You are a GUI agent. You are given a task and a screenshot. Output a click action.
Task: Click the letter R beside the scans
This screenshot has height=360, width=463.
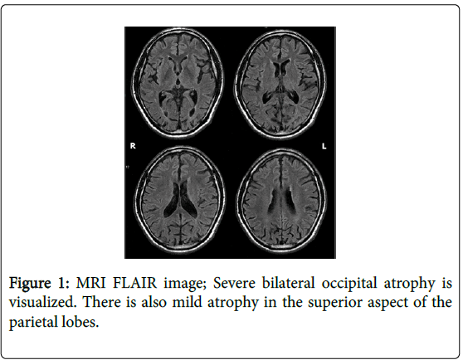[133, 145]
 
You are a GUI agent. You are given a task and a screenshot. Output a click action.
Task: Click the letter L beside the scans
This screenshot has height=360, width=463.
[324, 146]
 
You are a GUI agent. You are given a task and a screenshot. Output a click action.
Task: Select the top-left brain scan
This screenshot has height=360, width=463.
[178, 82]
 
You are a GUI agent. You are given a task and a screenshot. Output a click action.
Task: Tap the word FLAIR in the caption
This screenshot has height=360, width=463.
[135, 283]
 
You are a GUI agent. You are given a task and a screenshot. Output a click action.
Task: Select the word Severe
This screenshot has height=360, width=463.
[234, 283]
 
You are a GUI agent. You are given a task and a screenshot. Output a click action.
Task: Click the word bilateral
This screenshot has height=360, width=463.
[288, 283]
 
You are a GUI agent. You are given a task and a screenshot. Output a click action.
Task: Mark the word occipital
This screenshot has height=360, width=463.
[349, 284]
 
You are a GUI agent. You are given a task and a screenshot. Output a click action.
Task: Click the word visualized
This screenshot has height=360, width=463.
[42, 302]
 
